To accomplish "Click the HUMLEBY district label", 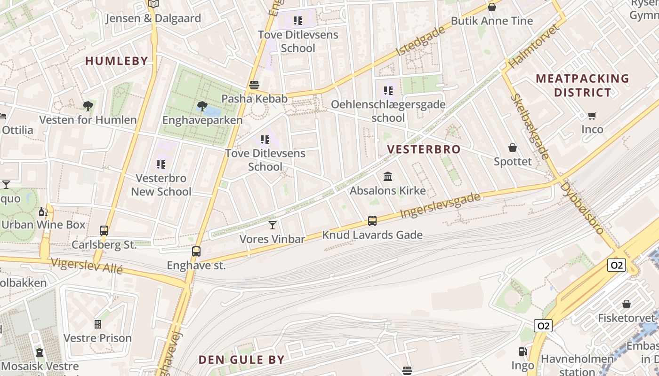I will [117, 61].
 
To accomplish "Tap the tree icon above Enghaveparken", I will [202, 106].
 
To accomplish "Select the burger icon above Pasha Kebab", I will [254, 85].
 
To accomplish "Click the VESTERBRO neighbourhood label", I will [424, 149].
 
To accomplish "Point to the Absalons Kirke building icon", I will [388, 177].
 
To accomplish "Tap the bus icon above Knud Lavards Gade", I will [372, 220].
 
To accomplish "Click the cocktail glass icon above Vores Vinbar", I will [273, 225].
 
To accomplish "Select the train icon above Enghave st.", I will [196, 251].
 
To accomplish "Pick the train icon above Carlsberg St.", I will [104, 231].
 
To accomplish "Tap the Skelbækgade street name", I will [530, 126].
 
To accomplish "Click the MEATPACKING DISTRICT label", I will [582, 85].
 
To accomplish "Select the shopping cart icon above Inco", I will [592, 116].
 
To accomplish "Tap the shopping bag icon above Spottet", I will [513, 148].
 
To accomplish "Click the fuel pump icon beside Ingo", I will [522, 352].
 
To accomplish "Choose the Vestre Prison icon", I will [98, 324].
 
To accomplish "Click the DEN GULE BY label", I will [241, 360].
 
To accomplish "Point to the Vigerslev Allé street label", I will [87, 266].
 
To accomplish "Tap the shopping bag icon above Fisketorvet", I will [627, 304].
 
